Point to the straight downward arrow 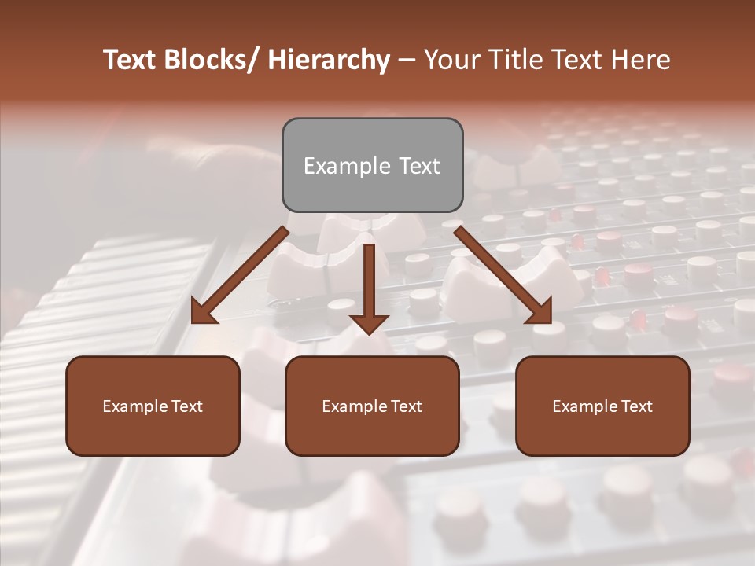click(x=369, y=287)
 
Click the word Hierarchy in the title click(x=329, y=61)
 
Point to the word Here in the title click(x=641, y=61)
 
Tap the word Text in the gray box click(x=418, y=166)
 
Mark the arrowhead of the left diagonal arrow click(x=203, y=313)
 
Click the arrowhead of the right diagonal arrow click(x=540, y=313)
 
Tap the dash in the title click(x=407, y=61)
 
